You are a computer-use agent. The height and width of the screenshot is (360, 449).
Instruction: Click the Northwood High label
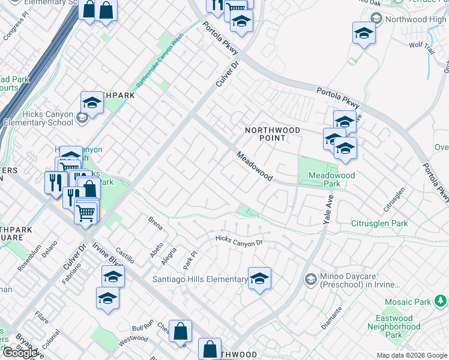pos(416,19)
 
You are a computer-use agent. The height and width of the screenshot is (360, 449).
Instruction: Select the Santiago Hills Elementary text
pos(200,280)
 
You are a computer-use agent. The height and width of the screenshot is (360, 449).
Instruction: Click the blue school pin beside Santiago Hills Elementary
pos(259,278)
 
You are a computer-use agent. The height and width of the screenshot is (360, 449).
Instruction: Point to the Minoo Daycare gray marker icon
pos(311,279)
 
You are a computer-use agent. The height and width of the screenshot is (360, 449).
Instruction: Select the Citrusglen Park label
pos(379,224)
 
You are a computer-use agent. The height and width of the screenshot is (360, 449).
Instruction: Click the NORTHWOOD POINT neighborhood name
pos(265,134)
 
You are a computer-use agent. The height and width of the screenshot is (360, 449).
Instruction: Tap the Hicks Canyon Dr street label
pos(240,241)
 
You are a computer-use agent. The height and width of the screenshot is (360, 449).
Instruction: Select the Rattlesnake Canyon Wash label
pos(159,64)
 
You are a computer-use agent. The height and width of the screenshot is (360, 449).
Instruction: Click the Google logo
pos(20,352)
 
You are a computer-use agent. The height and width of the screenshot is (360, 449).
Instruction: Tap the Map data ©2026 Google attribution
pos(412,355)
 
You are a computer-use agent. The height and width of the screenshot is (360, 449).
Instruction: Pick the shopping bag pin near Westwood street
pos(180,331)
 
